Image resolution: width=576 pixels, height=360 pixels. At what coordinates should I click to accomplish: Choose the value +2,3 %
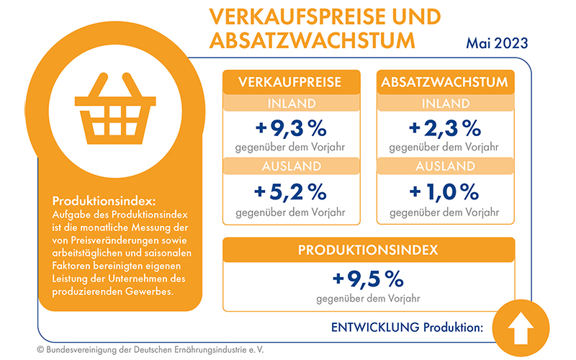444,129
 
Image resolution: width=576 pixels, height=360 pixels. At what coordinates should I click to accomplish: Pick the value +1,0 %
444,192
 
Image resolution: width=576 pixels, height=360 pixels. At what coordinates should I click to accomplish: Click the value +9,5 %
368,278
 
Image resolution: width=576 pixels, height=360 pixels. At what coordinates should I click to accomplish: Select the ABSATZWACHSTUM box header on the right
444,82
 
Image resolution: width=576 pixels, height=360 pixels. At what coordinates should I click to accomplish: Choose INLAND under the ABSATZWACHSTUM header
444,104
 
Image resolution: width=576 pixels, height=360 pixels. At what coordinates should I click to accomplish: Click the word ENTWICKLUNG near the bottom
374,327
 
